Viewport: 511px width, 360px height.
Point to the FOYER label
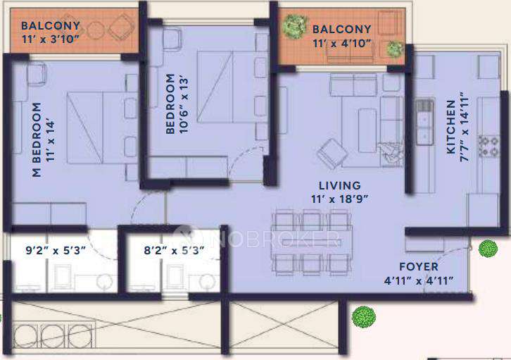point(418,267)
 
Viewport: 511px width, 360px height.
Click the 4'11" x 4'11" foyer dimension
point(418,280)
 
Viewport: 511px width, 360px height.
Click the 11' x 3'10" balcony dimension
point(51,39)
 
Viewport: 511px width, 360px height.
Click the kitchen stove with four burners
point(488,145)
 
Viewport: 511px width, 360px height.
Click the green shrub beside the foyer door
point(487,248)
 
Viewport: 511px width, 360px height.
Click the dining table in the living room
point(308,241)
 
